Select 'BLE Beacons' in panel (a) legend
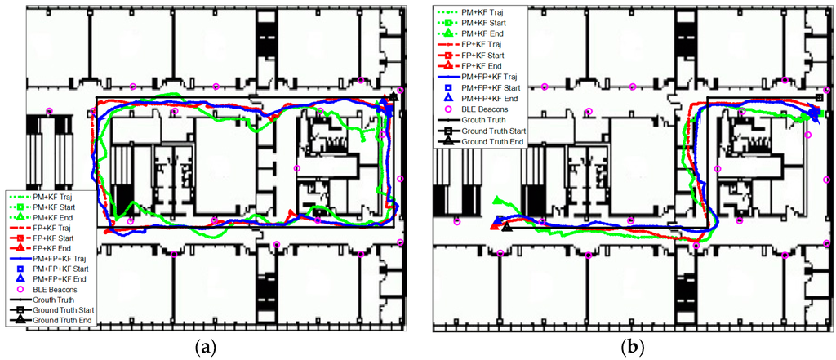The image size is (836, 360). coord(55,290)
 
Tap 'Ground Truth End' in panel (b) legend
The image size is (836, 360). coord(493,142)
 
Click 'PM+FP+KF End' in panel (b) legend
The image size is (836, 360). coord(490,99)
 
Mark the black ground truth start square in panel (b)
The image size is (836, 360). coord(818,98)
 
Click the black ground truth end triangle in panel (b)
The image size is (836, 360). coord(507,228)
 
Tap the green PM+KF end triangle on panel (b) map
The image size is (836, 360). coord(498,200)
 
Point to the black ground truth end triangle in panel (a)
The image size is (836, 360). coord(394,96)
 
